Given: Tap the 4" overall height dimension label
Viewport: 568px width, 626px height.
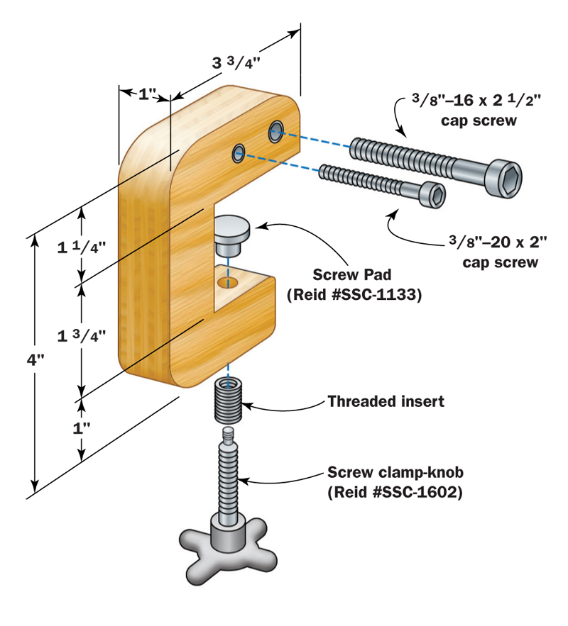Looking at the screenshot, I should coord(35,360).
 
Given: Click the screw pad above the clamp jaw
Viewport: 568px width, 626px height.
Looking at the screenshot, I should coord(231,237).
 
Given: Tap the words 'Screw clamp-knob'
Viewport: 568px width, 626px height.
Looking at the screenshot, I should coord(395,472).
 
